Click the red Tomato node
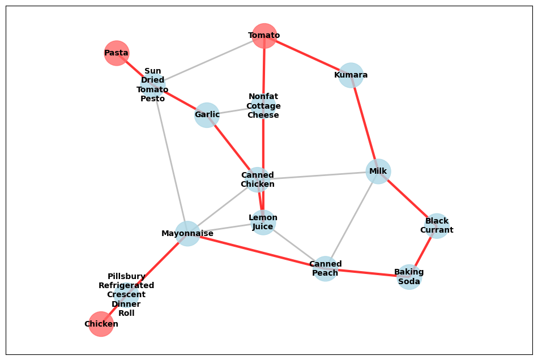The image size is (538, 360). pos(264,36)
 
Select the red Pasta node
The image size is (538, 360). pos(117,53)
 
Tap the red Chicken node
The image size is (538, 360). pos(101,324)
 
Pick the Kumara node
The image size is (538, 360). pos(351,75)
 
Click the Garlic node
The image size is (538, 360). pos(207,115)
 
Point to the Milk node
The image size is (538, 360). pos(378,171)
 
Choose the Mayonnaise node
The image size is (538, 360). pos(187,233)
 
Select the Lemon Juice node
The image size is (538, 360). pos(263,222)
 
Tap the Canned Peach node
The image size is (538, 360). pos(326,268)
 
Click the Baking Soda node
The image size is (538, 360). pos(409,277)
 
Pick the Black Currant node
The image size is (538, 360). pos(437,225)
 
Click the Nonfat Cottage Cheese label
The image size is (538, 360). pos(263,106)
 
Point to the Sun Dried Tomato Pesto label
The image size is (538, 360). pos(153,85)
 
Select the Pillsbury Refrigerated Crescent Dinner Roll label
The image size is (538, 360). pos(126,294)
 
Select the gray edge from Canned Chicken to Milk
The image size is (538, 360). pos(317,175)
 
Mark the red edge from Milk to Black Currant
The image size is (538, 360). pos(407,198)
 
